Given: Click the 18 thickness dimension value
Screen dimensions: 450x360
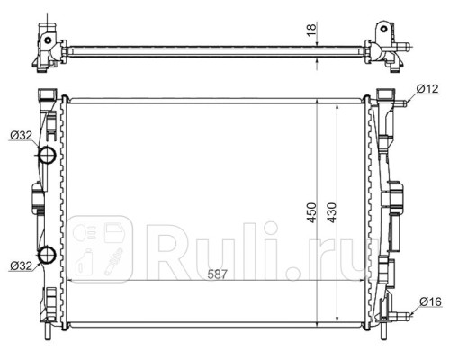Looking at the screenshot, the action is click(312, 31).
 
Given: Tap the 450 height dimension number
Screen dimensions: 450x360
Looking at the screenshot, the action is click(312, 212).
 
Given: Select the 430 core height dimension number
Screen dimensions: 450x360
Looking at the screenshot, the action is click(332, 212).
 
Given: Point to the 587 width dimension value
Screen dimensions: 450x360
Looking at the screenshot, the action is click(218, 274).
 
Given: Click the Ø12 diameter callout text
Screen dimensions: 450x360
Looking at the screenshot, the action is click(427, 89).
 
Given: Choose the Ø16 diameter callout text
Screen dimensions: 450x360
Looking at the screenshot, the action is click(430, 301).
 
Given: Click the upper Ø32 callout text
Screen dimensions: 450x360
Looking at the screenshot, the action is click(21, 136).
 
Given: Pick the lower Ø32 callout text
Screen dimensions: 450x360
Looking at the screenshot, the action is click(21, 265).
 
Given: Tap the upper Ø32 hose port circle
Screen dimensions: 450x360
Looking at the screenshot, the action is click(48, 155).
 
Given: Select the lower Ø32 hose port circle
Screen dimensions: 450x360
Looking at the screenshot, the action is click(48, 255).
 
